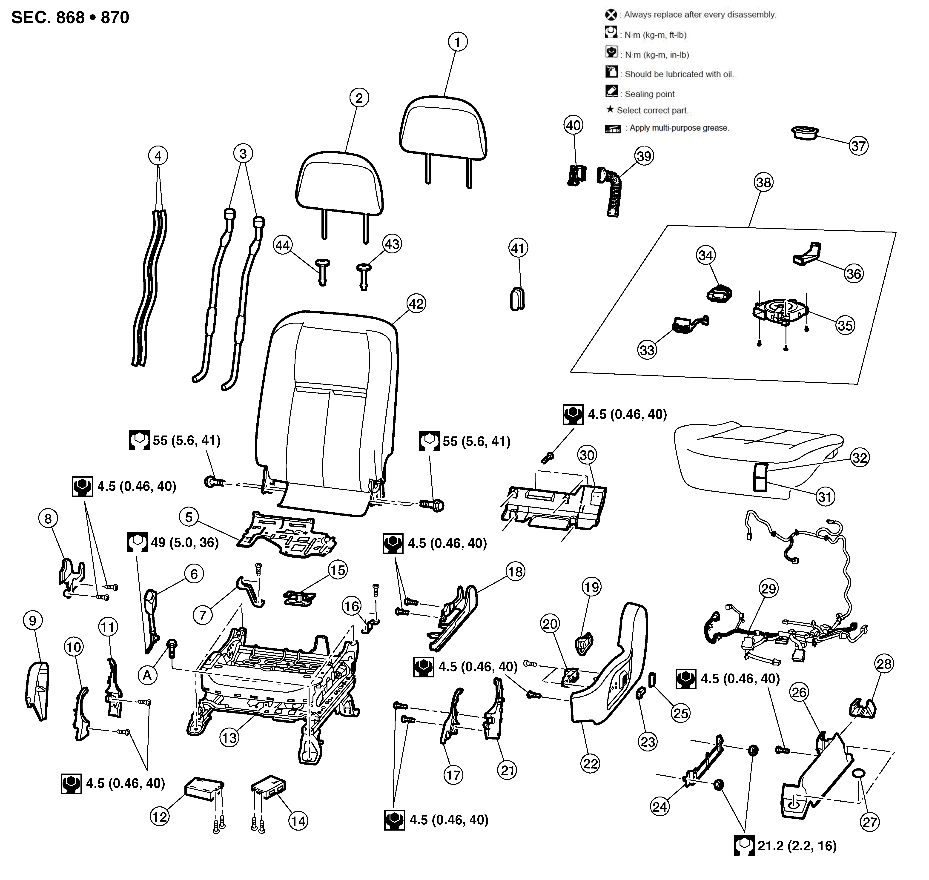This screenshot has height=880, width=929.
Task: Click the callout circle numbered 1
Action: pos(457,42)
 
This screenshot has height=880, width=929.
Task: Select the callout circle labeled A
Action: pos(147,676)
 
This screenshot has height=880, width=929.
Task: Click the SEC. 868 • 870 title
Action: pos(70,18)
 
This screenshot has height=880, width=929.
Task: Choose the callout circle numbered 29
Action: pos(768,588)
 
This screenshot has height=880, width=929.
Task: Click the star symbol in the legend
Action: pos(610,109)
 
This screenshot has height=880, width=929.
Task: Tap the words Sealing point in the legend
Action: pos(649,94)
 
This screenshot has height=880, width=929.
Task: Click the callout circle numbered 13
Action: pos(229,738)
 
